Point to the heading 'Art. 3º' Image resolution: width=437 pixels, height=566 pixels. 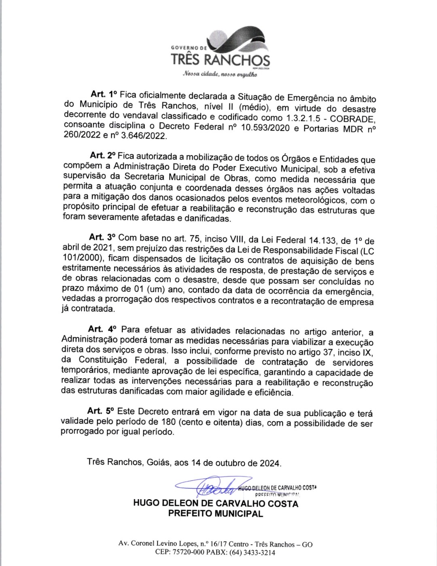click(102, 237)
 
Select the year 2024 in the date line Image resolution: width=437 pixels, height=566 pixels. click(269, 463)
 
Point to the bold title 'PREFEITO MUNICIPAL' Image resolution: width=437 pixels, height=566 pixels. click(216, 514)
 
